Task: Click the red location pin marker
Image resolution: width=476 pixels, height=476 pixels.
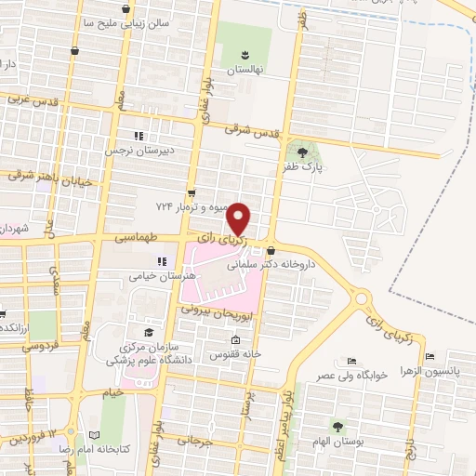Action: pos(239,219)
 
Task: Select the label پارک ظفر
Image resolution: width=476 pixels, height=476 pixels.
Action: pos(303,167)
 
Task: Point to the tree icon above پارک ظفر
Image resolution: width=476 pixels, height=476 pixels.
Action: pos(303,152)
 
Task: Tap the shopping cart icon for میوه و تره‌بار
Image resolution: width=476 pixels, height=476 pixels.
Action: pos(192,193)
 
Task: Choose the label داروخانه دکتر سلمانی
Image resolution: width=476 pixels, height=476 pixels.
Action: pos(274,265)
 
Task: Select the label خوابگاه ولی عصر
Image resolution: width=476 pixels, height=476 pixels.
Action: pos(350,376)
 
